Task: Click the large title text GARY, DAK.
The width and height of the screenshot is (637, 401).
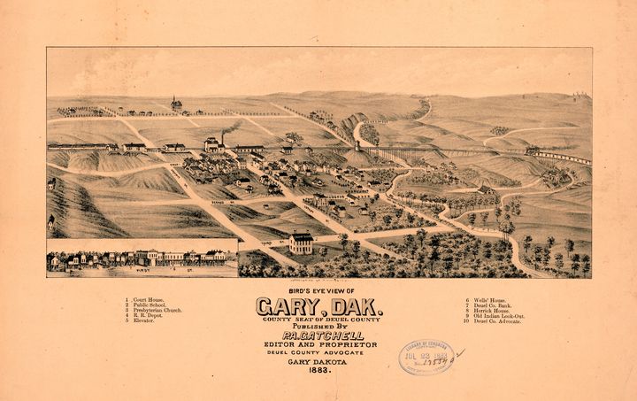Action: (318, 307)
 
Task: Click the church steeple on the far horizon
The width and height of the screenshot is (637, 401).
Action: (176, 104)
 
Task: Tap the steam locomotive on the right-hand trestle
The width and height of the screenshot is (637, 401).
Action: (533, 151)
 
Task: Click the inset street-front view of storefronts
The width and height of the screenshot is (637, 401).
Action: (142, 258)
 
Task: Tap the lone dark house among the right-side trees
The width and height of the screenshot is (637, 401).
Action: (487, 189)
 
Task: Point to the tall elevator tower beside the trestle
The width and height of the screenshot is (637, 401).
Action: (357, 145)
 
